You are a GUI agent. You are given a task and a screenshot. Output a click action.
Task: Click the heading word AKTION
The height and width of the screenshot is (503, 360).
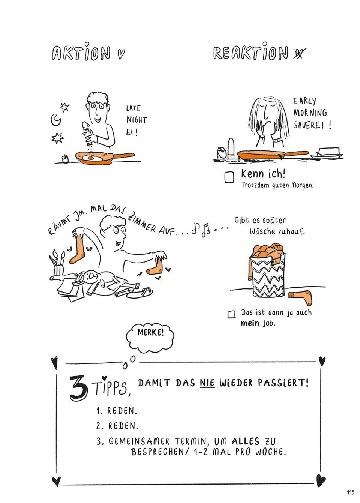click(81, 53)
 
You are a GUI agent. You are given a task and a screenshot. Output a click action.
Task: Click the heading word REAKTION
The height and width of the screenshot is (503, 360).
click(250, 53)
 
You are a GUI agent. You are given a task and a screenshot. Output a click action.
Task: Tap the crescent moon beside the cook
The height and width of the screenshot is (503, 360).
click(55, 120)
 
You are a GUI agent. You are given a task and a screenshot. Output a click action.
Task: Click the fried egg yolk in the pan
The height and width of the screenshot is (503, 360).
click(91, 158)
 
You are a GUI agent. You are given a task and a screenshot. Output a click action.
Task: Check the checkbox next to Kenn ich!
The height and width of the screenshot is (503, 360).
click(229, 177)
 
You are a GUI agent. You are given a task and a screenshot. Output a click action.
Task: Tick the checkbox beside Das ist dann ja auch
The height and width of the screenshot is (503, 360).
click(232, 314)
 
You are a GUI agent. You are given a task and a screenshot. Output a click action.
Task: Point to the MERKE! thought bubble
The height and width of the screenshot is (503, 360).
click(150, 333)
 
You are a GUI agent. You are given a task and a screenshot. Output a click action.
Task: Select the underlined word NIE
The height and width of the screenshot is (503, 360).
click(207, 383)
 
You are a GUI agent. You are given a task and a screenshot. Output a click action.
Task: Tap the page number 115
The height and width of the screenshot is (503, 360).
click(350, 492)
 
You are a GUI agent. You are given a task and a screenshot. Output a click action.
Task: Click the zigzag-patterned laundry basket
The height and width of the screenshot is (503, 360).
click(268, 276)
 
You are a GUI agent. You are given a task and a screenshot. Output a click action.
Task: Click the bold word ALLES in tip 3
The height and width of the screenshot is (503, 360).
click(246, 441)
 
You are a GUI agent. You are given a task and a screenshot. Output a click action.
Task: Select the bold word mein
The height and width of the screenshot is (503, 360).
click(250, 323)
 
